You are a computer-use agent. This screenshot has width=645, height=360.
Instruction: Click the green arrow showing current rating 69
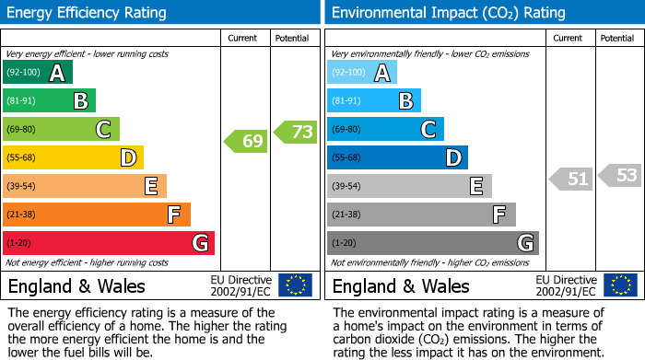(246, 142)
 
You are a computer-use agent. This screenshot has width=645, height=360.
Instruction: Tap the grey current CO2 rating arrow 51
(570, 179)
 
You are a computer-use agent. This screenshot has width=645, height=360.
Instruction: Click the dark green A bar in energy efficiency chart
(38, 73)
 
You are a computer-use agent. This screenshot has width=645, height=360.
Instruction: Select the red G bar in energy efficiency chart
(109, 243)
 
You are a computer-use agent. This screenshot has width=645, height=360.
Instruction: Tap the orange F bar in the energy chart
(97, 215)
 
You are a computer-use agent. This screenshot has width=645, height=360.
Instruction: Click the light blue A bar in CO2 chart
(362, 73)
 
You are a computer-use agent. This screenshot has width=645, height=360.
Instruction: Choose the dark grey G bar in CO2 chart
(433, 243)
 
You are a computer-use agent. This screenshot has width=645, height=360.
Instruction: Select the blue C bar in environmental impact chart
(385, 129)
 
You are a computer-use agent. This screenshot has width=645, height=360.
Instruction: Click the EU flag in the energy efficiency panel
(296, 285)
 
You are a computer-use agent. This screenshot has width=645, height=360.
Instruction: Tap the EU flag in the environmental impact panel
(620, 285)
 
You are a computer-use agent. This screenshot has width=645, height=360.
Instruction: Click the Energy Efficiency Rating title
(88, 13)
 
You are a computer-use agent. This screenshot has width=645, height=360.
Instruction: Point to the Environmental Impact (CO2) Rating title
(448, 13)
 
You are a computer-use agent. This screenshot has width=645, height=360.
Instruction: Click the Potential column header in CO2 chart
(617, 38)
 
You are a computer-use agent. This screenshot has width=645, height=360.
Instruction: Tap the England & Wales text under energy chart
(76, 286)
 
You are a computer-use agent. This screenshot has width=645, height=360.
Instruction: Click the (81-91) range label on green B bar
(22, 101)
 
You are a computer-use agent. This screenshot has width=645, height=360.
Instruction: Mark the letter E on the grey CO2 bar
(475, 186)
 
